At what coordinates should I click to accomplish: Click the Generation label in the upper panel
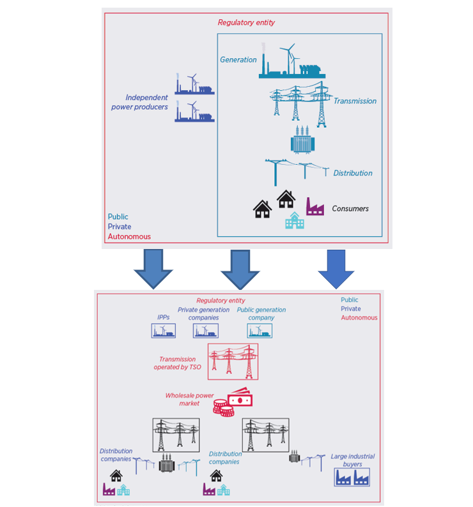(238, 60)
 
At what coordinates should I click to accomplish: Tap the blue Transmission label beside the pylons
(355, 101)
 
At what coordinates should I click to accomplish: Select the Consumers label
(350, 209)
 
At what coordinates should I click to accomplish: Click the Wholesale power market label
(189, 399)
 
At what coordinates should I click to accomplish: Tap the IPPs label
(163, 317)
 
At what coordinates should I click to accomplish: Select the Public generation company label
(261, 314)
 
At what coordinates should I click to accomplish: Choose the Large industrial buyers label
(352, 460)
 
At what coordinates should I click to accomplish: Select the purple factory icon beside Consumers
(314, 206)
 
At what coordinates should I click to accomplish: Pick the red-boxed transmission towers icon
(233, 361)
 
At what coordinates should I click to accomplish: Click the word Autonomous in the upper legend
(129, 236)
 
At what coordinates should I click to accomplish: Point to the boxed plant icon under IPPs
(163, 331)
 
